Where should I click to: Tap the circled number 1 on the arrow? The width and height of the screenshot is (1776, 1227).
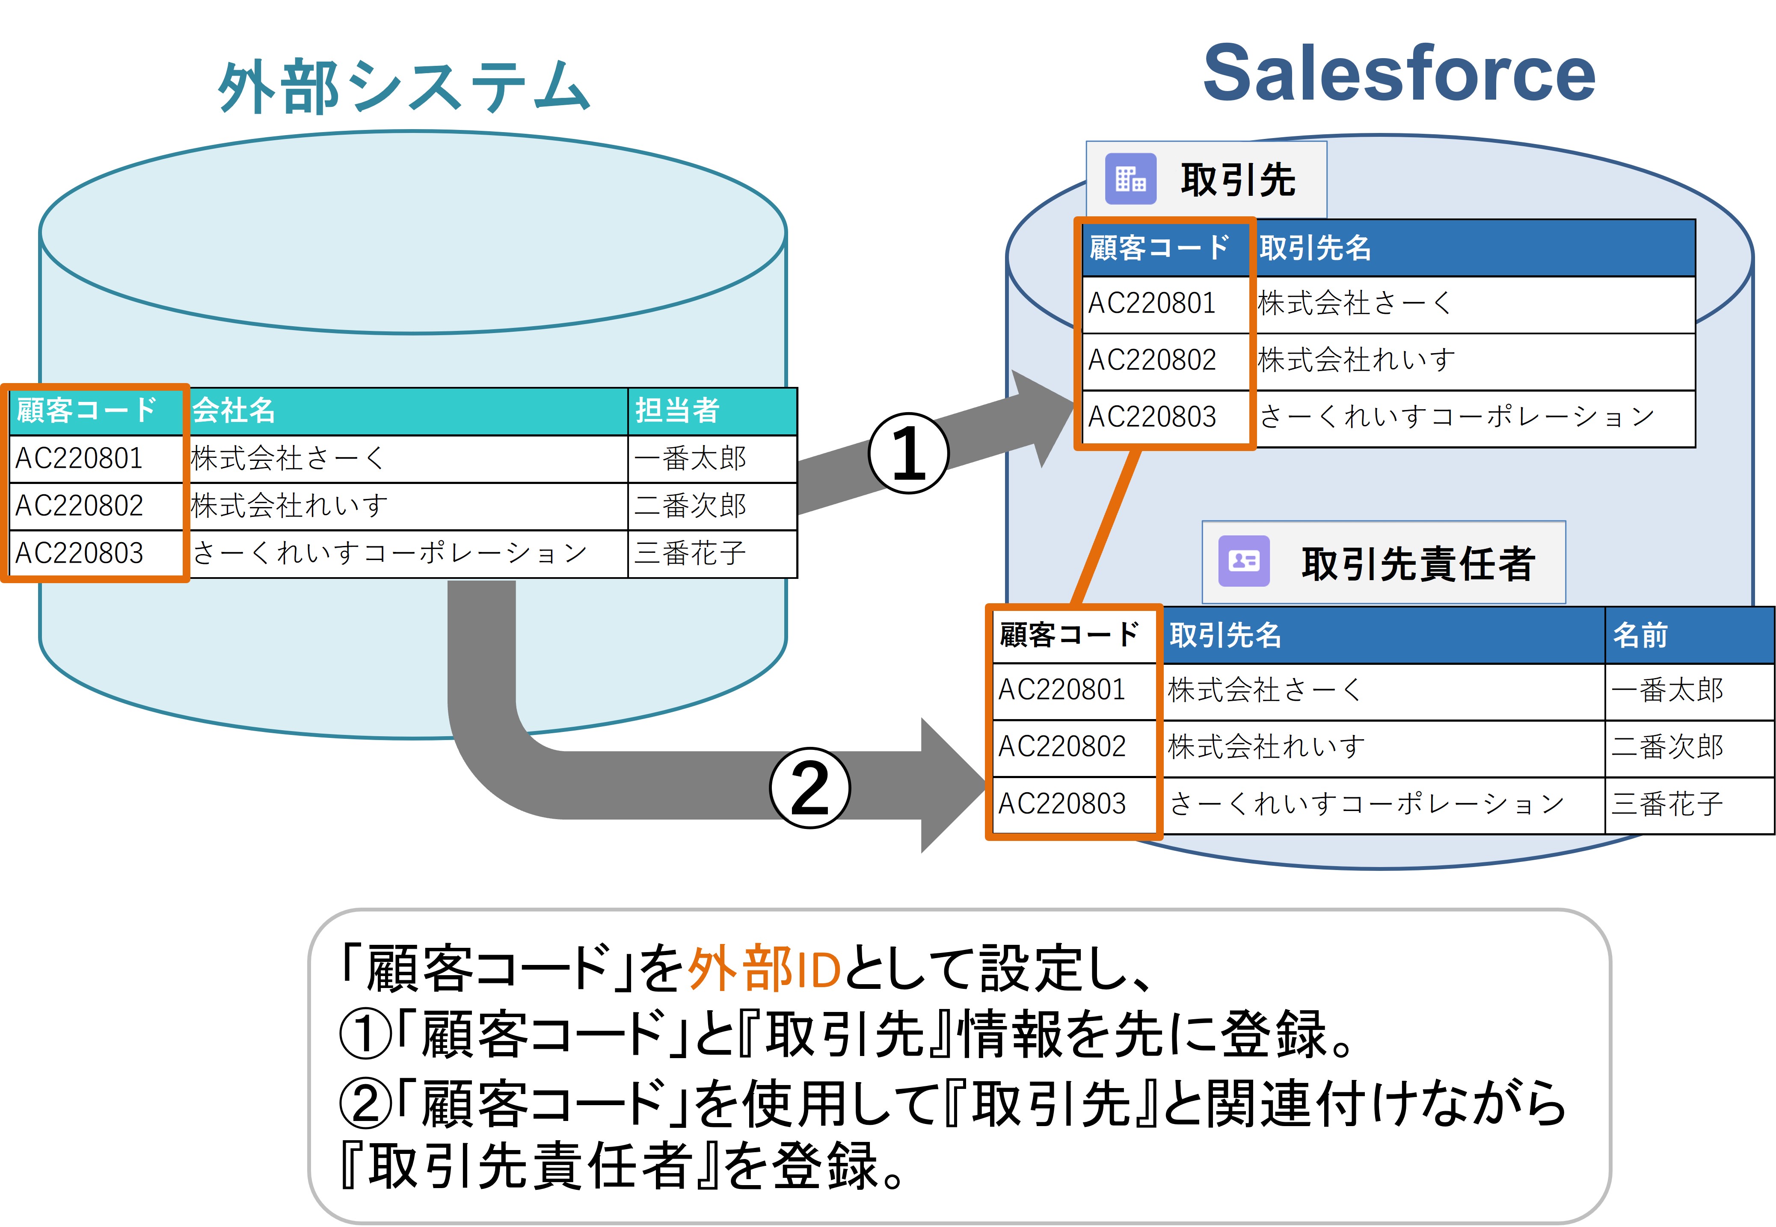tap(908, 454)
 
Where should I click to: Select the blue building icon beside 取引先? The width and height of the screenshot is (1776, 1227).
tap(1130, 179)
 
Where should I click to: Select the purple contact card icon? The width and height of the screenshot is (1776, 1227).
tap(1244, 561)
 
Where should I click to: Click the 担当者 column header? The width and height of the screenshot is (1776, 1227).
tap(677, 410)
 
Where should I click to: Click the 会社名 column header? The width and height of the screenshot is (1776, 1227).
tap(234, 410)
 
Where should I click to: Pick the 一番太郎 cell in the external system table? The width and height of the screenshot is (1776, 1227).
tap(690, 459)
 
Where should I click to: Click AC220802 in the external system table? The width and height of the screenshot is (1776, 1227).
tap(79, 506)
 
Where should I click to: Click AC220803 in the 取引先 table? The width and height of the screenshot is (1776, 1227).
tap(1151, 417)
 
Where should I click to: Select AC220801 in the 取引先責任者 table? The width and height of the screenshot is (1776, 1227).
tap(1061, 690)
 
